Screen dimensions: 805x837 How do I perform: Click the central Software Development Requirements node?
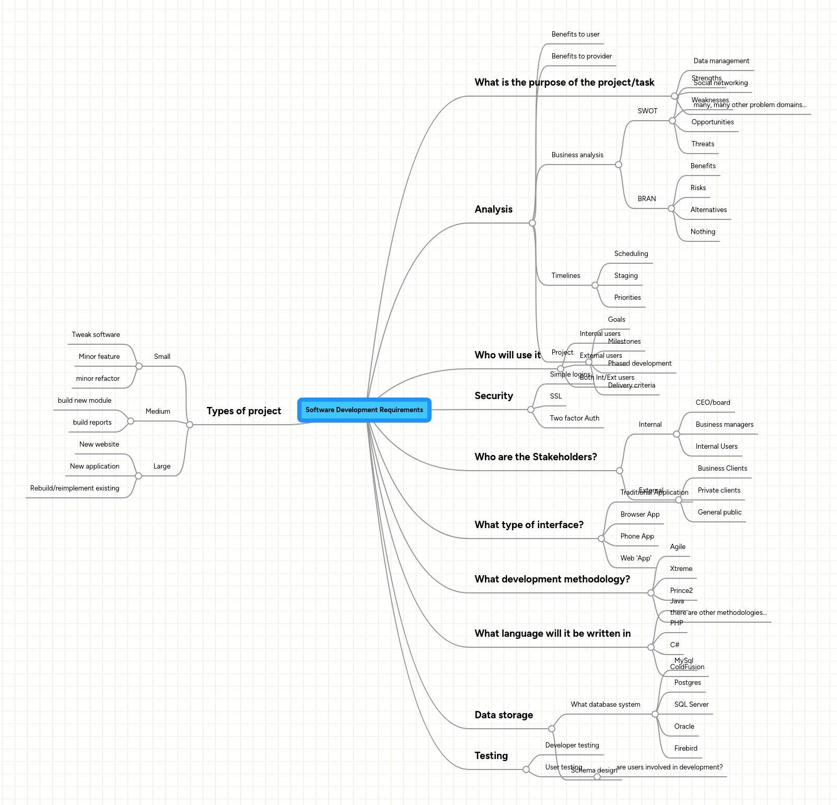[x=364, y=410]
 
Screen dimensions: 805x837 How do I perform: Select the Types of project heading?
[x=243, y=411]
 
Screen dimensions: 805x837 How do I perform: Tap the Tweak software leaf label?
[x=96, y=335]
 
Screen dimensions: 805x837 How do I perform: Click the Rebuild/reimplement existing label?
[x=75, y=488]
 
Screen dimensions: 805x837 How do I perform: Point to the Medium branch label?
[x=158, y=412]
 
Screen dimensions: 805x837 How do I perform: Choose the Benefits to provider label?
[x=582, y=56]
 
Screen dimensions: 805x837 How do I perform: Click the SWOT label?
[x=647, y=111]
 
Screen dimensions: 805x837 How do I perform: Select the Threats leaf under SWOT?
[x=703, y=144]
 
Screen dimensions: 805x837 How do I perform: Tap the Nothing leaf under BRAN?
[x=703, y=232]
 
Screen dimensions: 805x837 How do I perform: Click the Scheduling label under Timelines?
[x=631, y=254]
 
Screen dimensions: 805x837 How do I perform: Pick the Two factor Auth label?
[x=574, y=418]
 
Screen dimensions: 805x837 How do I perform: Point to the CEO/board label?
[x=713, y=403]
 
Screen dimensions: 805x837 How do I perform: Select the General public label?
[x=719, y=512]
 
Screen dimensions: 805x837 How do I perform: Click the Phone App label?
[x=637, y=536]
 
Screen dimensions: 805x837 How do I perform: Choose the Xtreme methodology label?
[x=681, y=569]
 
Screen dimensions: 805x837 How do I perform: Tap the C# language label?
[x=675, y=645]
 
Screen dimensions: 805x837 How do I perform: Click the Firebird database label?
[x=685, y=749]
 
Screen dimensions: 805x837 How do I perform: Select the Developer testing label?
[x=572, y=745]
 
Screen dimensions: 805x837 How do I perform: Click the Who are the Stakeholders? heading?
[x=536, y=457]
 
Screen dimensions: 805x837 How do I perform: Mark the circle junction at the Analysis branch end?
[x=532, y=223]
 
